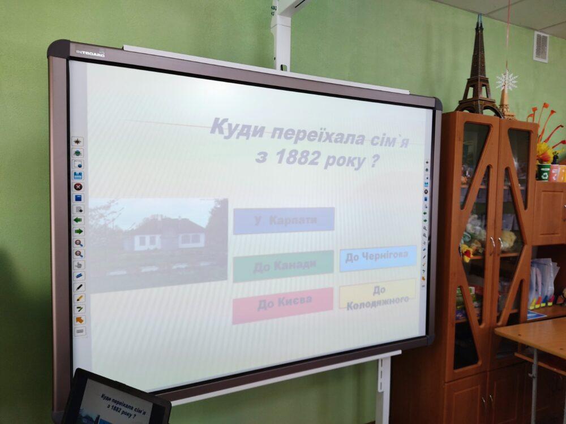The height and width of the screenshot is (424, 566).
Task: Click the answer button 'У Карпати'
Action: [284, 220]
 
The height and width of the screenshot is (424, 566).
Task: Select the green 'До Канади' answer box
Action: [283, 266]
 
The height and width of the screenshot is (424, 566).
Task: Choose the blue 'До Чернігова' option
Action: [378, 258]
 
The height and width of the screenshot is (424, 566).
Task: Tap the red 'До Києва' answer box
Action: [282, 305]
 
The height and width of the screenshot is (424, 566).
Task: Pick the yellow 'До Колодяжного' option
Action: [377, 295]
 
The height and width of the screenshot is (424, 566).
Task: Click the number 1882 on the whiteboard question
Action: [297, 157]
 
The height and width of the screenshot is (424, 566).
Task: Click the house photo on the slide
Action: [158, 245]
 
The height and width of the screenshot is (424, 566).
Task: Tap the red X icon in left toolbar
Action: [78, 187]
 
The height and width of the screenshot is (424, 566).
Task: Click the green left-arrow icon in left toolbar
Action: [78, 220]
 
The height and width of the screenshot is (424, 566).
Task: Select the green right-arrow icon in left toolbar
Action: [79, 231]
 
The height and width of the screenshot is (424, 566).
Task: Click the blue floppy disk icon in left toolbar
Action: [78, 176]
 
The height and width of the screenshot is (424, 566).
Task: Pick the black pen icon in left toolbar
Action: [79, 287]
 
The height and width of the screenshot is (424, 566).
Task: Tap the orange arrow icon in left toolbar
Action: [79, 320]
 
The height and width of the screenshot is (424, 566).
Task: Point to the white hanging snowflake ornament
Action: [507, 81]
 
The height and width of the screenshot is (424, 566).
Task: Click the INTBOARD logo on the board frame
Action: [90, 53]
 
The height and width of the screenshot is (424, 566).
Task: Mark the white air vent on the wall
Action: [541, 47]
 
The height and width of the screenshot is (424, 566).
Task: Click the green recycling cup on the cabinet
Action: [543, 172]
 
